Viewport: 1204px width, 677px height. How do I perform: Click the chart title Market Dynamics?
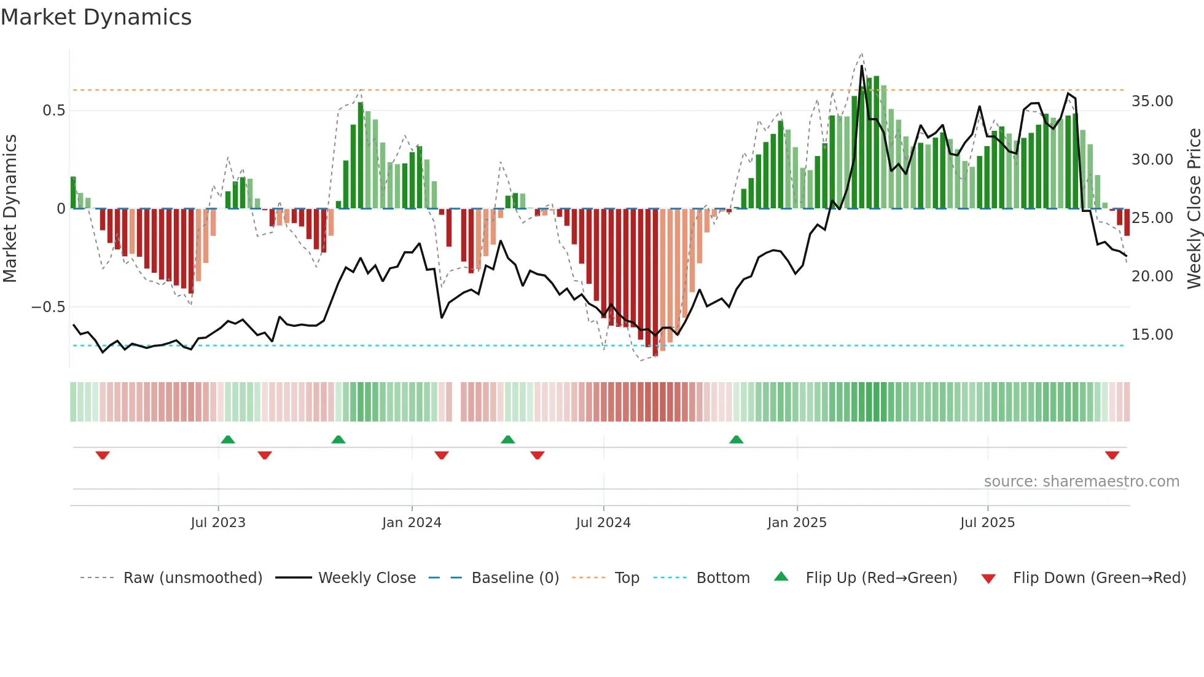point(96,17)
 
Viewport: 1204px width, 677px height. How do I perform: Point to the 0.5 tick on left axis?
point(53,111)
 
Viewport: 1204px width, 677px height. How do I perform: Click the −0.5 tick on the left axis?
point(48,307)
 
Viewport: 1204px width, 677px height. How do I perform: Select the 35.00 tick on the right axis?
point(1152,101)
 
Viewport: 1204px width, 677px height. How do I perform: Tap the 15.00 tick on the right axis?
point(1152,335)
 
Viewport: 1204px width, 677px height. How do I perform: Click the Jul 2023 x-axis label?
point(217,523)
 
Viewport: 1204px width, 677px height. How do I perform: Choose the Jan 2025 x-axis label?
point(796,523)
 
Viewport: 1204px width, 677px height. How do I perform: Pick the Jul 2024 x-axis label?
point(603,523)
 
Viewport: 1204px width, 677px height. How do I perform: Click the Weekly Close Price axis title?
point(1193,208)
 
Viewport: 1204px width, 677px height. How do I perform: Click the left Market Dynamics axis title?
point(10,208)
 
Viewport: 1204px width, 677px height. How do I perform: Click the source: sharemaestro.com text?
point(1081,482)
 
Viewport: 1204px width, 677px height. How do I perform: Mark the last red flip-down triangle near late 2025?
point(1112,455)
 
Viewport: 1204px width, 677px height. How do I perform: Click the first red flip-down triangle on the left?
point(103,455)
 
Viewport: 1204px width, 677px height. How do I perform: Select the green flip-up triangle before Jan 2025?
point(736,439)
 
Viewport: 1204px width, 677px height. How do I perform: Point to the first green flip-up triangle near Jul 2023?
point(227,439)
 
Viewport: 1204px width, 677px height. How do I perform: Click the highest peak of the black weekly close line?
point(862,66)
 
